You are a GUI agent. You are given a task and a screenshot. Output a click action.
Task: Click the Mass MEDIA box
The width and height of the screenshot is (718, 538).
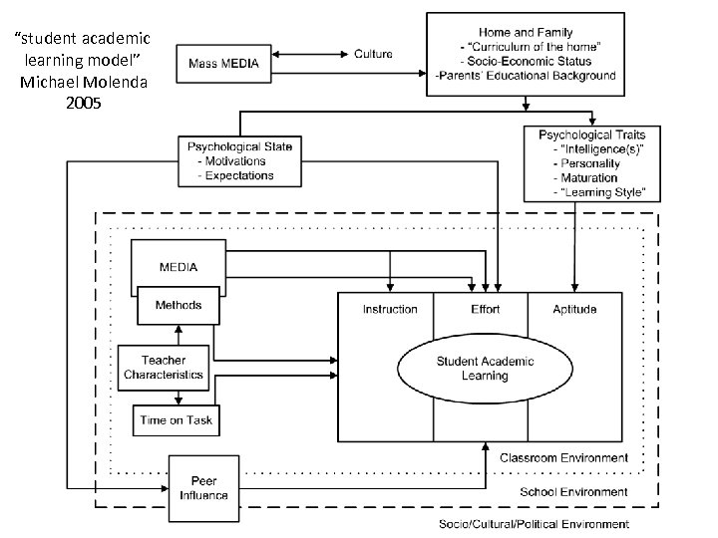pos(223,65)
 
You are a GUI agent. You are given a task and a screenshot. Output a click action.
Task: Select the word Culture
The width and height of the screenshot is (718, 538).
pos(373,54)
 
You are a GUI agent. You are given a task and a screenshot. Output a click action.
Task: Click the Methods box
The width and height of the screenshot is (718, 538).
pos(178,305)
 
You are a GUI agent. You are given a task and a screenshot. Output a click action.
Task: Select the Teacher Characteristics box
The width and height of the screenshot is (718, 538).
pos(163,367)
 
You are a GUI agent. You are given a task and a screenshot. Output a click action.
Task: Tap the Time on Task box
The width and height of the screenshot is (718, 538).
pos(177,419)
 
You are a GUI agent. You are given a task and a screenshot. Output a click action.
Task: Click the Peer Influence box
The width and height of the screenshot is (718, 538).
pos(203,488)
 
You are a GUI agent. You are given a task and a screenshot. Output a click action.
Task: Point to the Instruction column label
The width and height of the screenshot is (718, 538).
pos(390,309)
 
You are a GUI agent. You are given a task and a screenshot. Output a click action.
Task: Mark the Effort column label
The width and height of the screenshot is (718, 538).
pos(485,309)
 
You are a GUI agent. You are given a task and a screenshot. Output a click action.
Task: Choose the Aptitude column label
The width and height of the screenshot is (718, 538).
pos(574,309)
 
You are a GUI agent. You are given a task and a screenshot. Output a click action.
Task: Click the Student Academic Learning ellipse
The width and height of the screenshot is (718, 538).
pos(485,368)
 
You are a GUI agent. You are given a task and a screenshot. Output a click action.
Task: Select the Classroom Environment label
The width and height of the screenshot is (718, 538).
pos(563,457)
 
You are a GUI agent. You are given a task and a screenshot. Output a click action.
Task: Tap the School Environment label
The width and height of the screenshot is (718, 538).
pos(574,491)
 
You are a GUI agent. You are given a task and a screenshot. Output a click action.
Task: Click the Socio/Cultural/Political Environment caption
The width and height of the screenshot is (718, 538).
pos(535,523)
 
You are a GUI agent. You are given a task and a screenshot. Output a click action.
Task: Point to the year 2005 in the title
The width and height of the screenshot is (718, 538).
pos(84,102)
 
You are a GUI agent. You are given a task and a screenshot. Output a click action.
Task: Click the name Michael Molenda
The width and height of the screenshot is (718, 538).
pos(84,81)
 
